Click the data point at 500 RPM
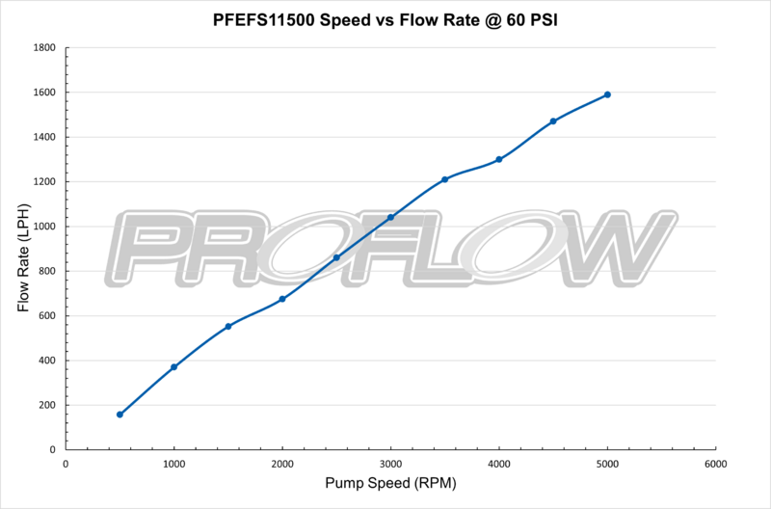coord(120,415)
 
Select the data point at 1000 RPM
coord(173,367)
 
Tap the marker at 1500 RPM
coord(228,326)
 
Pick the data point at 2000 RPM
coord(282,299)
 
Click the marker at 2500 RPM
coord(336,257)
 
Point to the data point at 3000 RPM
coord(390,217)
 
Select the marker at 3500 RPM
coord(445,179)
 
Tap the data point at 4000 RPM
coord(499,159)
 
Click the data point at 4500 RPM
coord(553,121)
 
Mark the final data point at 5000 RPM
coord(607,94)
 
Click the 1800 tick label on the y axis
coord(45,47)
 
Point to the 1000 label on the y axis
coord(45,227)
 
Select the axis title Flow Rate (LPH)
coord(23,249)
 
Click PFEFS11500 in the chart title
coord(278,18)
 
